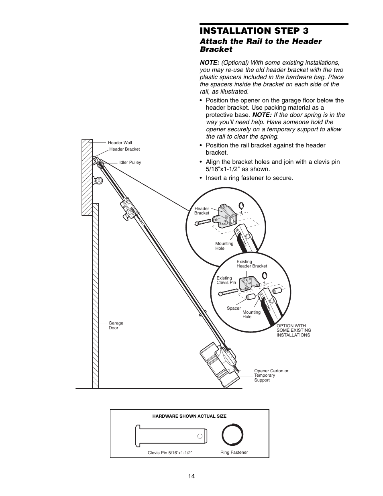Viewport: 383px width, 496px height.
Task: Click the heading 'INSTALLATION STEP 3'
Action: tap(254, 31)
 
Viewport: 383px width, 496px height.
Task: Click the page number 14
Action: tap(191, 476)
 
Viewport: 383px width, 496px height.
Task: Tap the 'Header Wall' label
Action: tap(120, 143)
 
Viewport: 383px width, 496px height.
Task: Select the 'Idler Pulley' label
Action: tap(130, 163)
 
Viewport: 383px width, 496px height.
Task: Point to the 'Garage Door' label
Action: tap(116, 325)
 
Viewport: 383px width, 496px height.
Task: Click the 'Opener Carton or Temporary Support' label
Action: tap(271, 376)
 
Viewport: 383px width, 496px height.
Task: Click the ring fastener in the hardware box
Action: tap(233, 435)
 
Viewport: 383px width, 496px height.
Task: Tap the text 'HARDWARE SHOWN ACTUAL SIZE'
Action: tap(189, 416)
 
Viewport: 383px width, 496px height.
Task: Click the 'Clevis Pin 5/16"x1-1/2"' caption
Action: tap(170, 453)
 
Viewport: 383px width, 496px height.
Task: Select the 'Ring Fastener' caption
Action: tap(234, 452)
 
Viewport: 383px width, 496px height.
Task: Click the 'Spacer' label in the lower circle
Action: tap(234, 308)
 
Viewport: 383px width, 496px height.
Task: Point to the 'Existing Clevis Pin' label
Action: tap(226, 280)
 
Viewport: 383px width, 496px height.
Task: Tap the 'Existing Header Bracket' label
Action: tap(251, 264)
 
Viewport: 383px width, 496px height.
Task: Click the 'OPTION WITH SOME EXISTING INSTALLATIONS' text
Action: tap(293, 331)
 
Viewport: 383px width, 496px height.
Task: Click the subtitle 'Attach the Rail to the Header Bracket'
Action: tap(261, 45)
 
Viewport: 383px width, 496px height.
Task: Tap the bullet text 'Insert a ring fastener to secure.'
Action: tap(249, 178)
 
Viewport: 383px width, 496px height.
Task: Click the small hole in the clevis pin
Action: tap(199, 436)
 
